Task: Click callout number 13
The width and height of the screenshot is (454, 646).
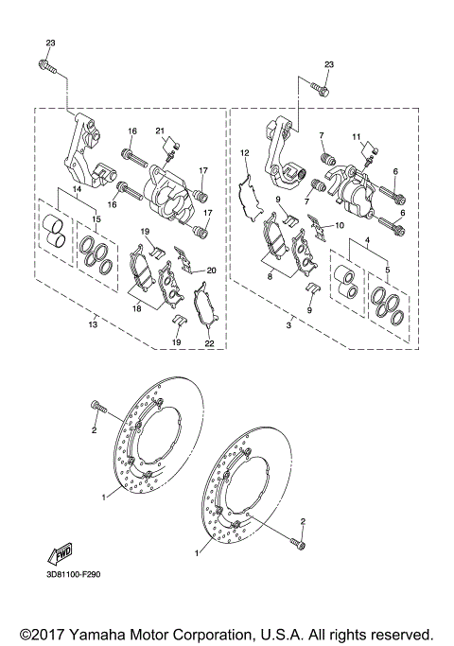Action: [92, 324]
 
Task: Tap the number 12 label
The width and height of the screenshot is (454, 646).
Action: [244, 152]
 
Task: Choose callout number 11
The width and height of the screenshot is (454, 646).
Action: [357, 137]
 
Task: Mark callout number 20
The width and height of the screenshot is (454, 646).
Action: [212, 271]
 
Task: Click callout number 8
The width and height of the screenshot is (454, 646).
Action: [270, 277]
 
